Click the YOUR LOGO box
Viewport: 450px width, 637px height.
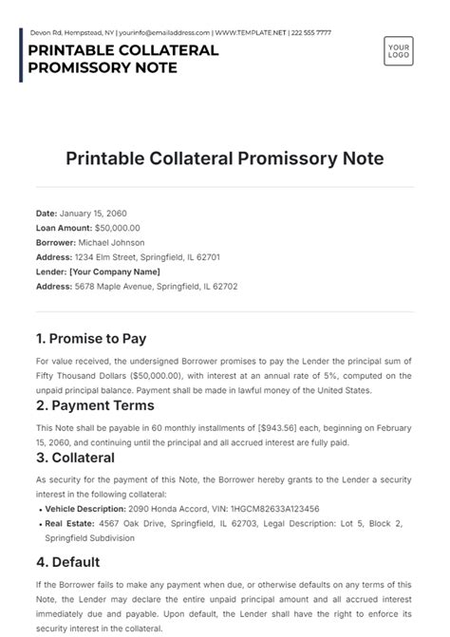click(x=399, y=50)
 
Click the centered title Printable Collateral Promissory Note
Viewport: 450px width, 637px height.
click(x=224, y=159)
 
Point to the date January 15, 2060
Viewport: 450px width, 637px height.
click(x=96, y=215)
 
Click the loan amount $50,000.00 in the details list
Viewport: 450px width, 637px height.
click(x=117, y=229)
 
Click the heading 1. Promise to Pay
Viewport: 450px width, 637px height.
click(x=91, y=338)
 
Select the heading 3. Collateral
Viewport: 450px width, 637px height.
click(x=75, y=457)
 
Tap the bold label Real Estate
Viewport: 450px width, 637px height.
click(x=67, y=523)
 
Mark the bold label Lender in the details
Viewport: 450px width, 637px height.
click(x=51, y=272)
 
